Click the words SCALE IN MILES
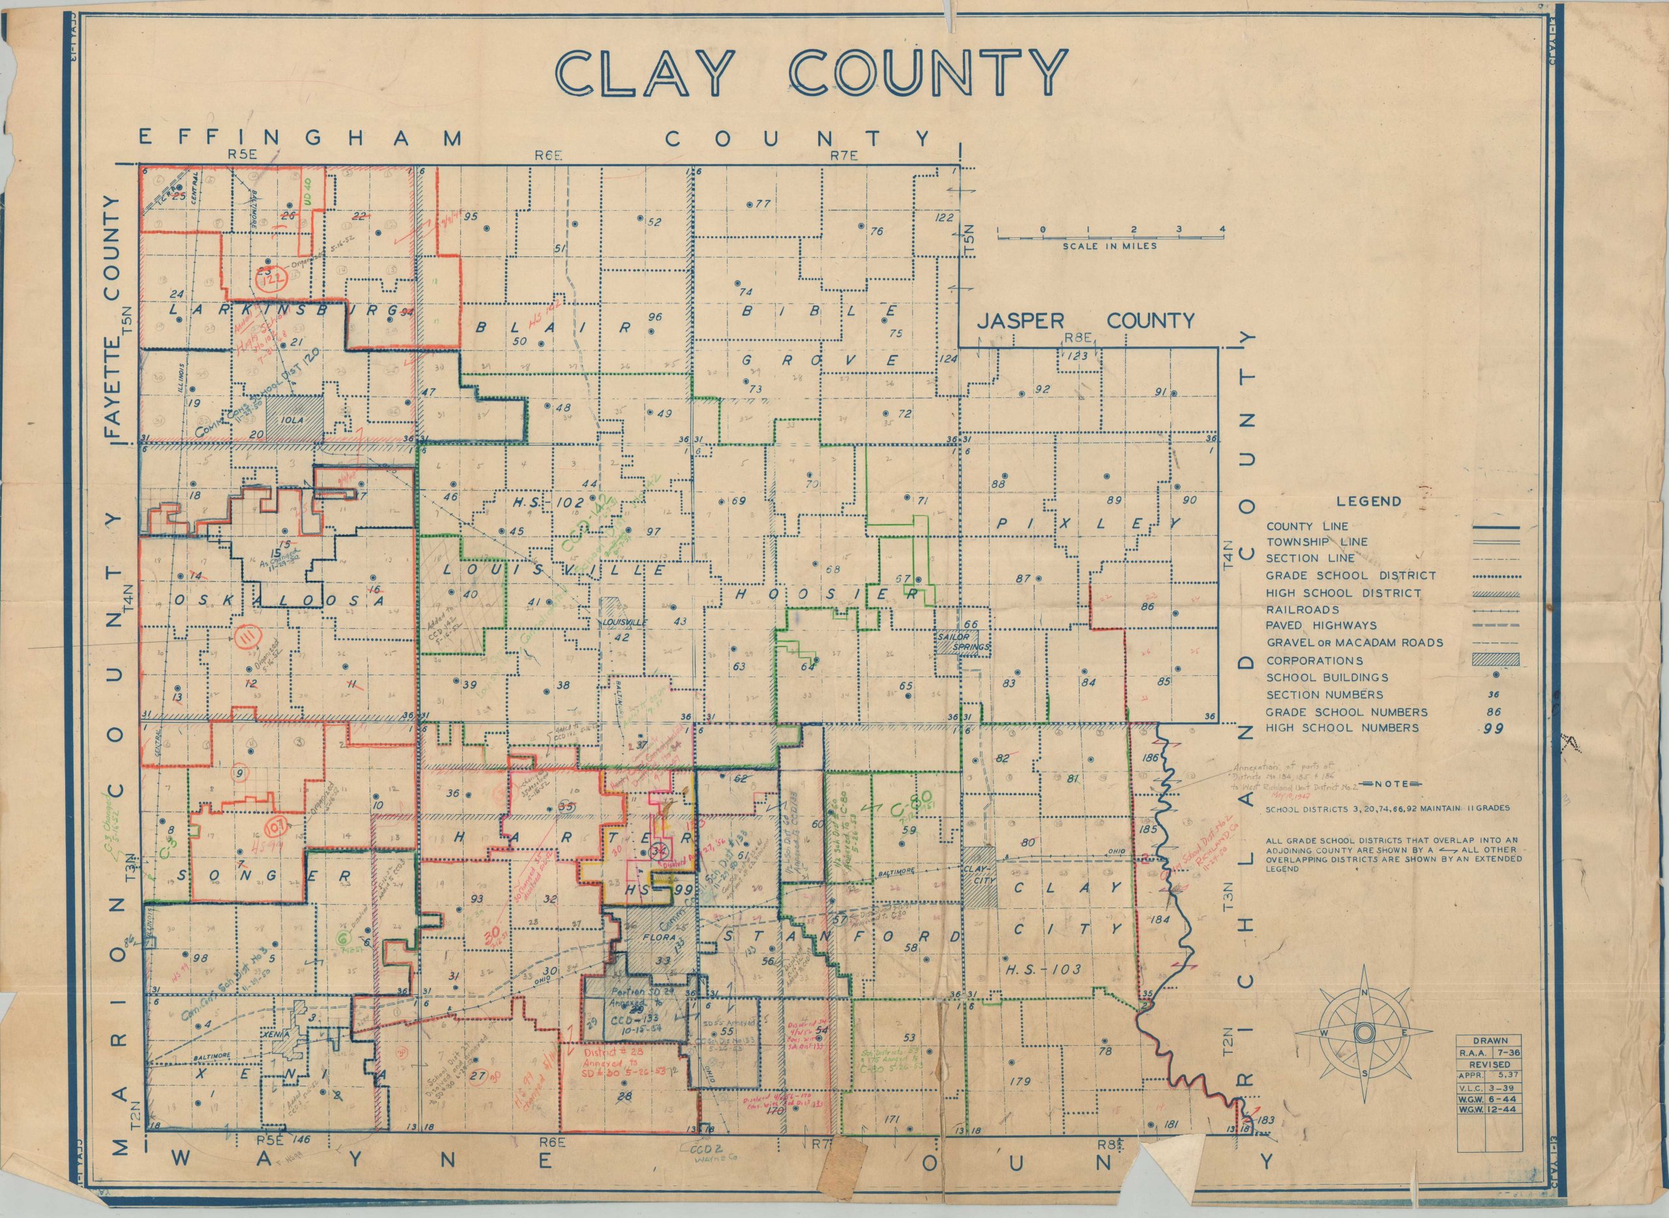[x=1109, y=245]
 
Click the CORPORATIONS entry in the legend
[x=1314, y=661]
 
